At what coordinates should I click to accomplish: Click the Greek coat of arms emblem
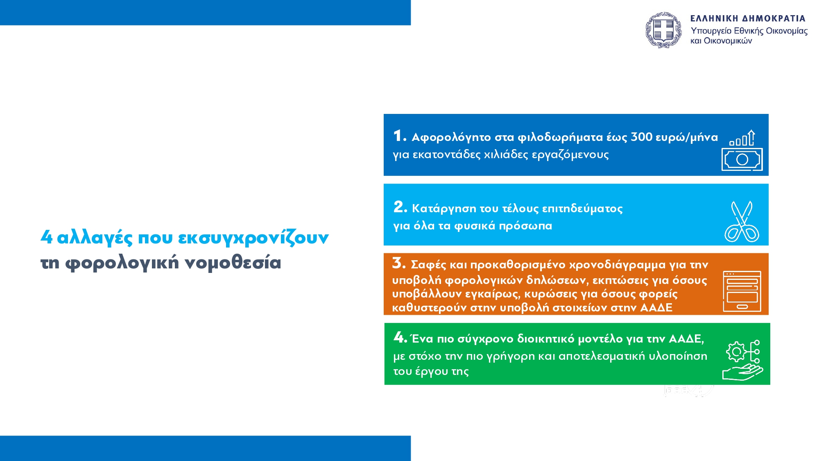pyautogui.click(x=663, y=30)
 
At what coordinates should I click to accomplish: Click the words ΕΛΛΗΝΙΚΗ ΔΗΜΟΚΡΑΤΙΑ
pyautogui.click(x=748, y=18)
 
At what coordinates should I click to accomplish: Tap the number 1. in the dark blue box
pyautogui.click(x=400, y=136)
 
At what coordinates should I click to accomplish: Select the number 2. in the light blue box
pyautogui.click(x=400, y=207)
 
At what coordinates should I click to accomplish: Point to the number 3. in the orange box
pyautogui.click(x=399, y=263)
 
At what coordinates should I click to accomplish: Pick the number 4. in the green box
pyautogui.click(x=400, y=337)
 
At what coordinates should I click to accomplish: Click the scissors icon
pyautogui.click(x=742, y=221)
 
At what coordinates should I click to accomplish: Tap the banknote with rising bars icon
pyautogui.click(x=742, y=150)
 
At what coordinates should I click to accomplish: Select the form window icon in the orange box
pyautogui.click(x=742, y=291)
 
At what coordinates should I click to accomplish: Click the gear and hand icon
pyautogui.click(x=742, y=361)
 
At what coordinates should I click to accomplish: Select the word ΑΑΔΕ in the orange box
pyautogui.click(x=656, y=307)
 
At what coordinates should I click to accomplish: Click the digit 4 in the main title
pyautogui.click(x=47, y=236)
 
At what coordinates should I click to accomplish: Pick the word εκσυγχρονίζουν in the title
pyautogui.click(x=253, y=238)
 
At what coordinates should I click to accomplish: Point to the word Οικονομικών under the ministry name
pyautogui.click(x=728, y=41)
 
